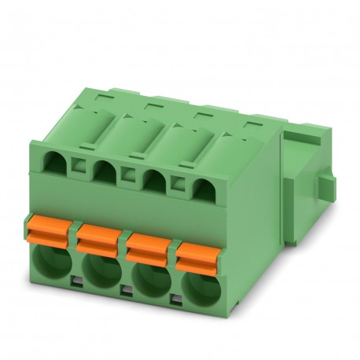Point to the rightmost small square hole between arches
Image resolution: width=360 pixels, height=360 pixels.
[x=176, y=179]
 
